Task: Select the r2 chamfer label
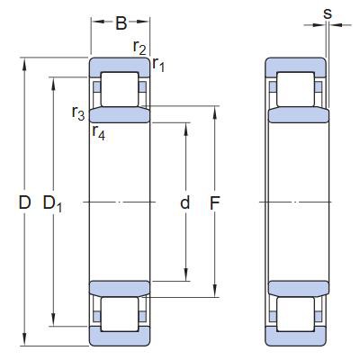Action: [139, 47]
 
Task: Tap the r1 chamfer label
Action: [157, 64]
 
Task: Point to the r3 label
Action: [78, 113]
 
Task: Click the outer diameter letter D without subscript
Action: [24, 203]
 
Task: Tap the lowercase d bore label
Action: [184, 203]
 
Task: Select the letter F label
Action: [216, 203]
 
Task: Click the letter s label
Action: [327, 13]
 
